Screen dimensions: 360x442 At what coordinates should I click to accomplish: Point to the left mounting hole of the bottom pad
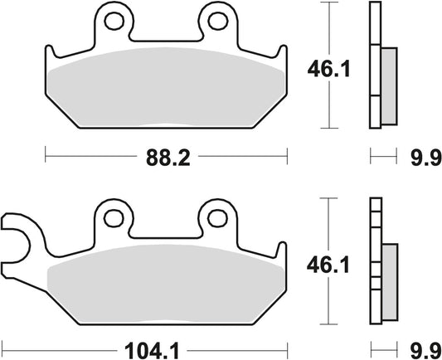pos(114,218)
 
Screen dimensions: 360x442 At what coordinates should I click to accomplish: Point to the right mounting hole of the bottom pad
pos(217,218)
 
